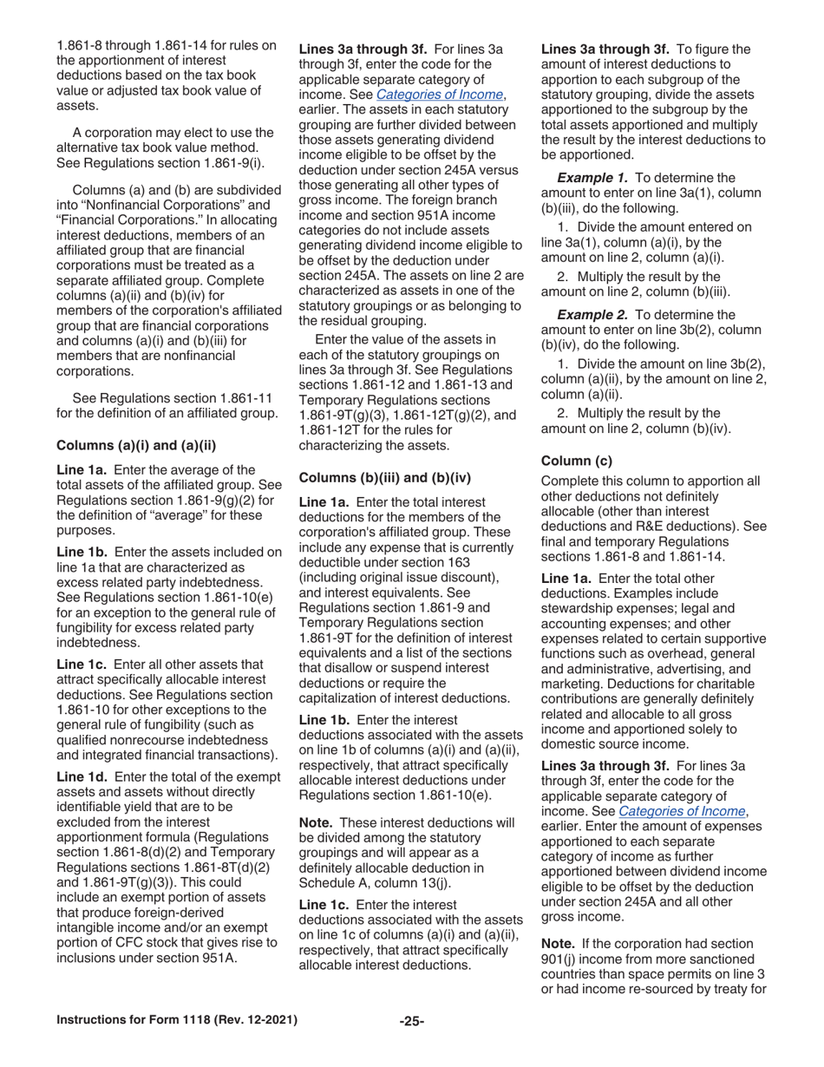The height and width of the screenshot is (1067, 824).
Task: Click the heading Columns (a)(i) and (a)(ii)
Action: pos(135,446)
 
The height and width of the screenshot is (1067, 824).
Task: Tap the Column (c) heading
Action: pos(576,460)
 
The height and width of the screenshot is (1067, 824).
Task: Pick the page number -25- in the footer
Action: pos(411,1021)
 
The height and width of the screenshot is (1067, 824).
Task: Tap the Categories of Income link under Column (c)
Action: pos(682,811)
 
